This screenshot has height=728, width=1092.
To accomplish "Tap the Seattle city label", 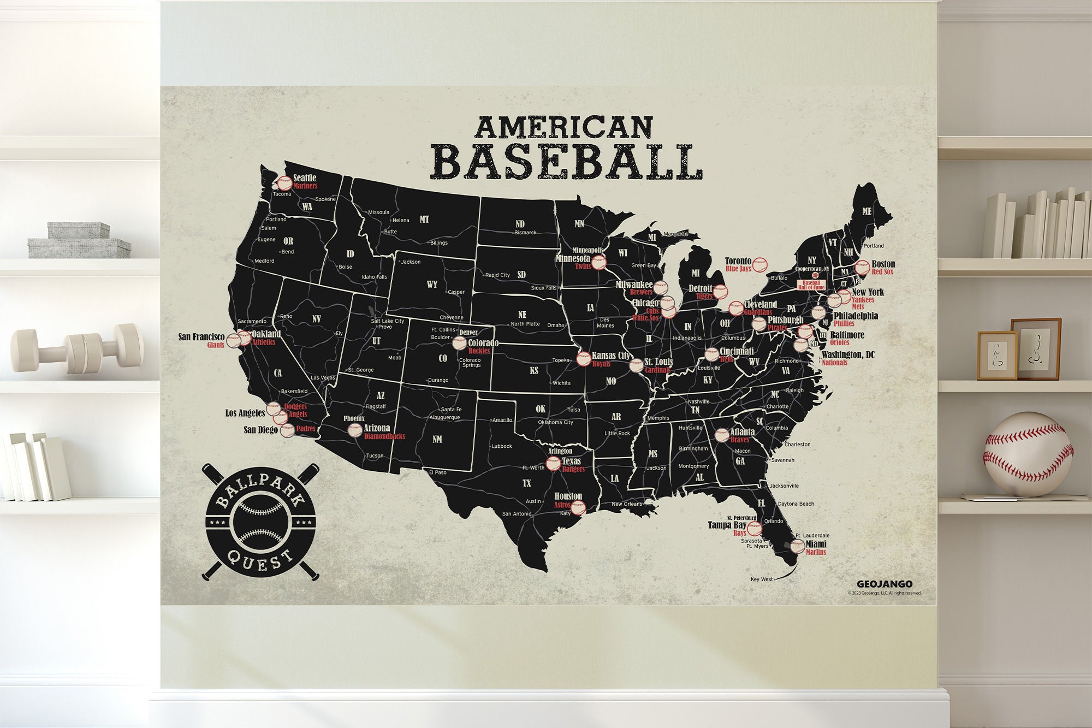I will (x=305, y=177).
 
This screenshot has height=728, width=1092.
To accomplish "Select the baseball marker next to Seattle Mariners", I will (x=285, y=183).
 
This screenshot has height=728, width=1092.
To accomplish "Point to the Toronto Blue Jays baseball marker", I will (x=759, y=265).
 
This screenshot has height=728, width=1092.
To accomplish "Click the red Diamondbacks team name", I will (x=384, y=436).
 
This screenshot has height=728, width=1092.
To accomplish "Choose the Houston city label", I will (x=568, y=496).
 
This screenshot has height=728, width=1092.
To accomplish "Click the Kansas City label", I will (x=611, y=356).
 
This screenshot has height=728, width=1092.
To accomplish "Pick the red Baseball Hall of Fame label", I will (x=811, y=285).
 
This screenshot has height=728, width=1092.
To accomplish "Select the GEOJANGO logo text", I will (x=884, y=584).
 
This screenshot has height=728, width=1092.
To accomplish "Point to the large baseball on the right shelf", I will (x=1028, y=454).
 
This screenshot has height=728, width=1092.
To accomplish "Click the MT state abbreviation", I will (x=424, y=220).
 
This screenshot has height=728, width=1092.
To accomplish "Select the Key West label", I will (x=762, y=579).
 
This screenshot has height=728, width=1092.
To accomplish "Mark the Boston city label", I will (x=883, y=264).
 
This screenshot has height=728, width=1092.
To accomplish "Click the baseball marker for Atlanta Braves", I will (x=721, y=435).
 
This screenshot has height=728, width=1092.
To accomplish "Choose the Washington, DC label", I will (x=848, y=355).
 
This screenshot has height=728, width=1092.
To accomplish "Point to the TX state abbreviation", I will (x=526, y=483).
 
